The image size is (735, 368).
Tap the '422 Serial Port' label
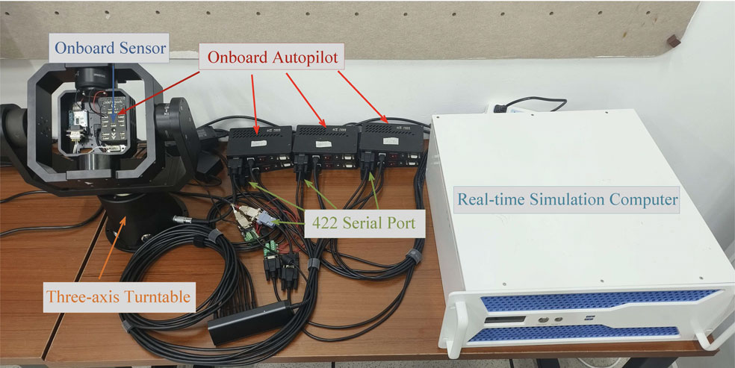click(x=367, y=222)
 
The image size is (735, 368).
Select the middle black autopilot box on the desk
click(x=322, y=139)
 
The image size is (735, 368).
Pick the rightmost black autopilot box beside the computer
click(x=389, y=138)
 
